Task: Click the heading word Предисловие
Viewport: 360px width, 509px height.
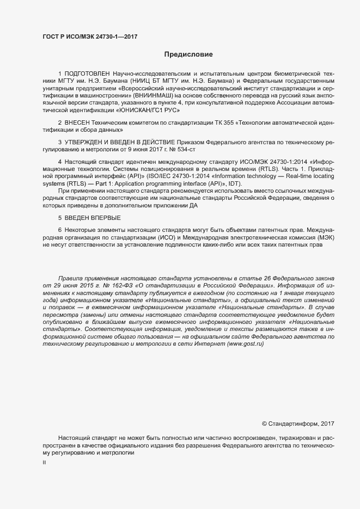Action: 188,54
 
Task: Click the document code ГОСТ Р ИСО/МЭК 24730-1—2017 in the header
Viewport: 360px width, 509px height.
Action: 90,36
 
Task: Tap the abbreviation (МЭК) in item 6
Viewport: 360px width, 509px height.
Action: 325,238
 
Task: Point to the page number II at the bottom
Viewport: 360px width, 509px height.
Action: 44,462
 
